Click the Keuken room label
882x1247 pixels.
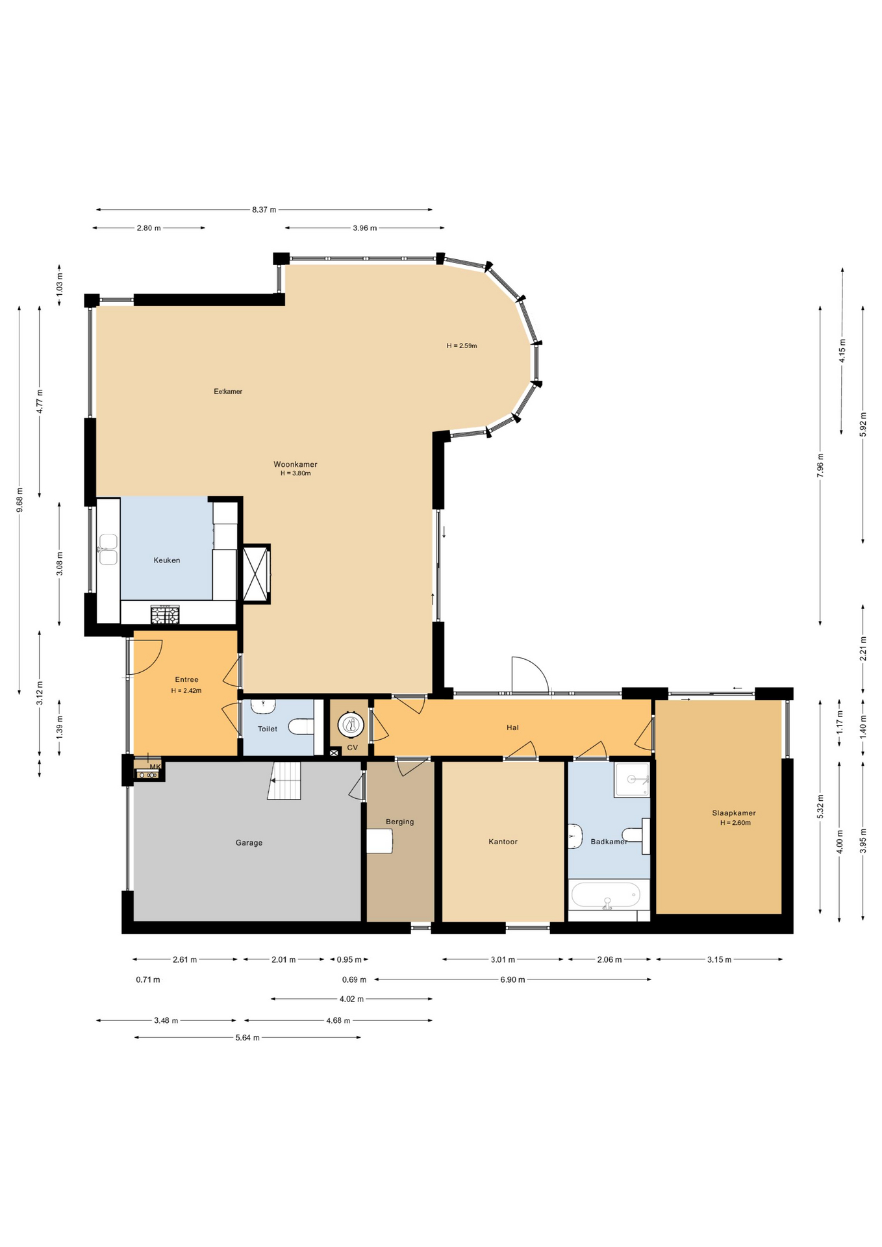point(167,560)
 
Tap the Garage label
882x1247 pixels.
point(249,842)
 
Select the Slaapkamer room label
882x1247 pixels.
point(734,812)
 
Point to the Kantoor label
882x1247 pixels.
point(503,841)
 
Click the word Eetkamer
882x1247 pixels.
point(228,391)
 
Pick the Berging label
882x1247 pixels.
point(400,822)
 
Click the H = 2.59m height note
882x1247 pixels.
point(462,346)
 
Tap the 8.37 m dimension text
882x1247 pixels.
point(264,210)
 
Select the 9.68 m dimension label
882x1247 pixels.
point(19,500)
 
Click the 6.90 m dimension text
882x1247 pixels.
point(512,979)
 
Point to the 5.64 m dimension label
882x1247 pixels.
point(247,1038)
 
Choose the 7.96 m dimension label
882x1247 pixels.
point(820,466)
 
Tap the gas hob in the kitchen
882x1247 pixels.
point(165,614)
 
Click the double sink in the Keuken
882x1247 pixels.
point(108,549)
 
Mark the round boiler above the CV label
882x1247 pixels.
point(351,724)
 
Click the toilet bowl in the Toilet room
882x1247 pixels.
point(301,726)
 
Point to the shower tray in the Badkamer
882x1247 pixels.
point(632,779)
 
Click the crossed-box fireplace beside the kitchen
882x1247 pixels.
point(255,573)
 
